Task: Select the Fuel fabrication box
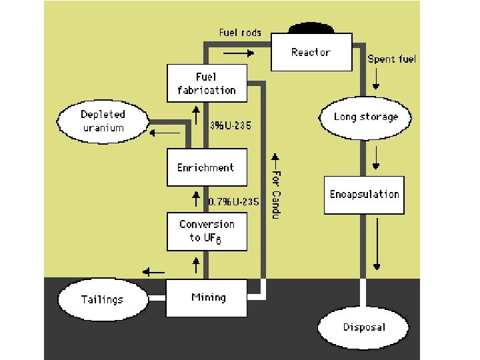tap(206, 83)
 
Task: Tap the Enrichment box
tap(205, 167)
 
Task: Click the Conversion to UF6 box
tap(207, 231)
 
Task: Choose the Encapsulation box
tap(364, 195)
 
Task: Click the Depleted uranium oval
tap(103, 121)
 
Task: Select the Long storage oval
tap(366, 117)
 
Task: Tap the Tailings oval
tap(102, 299)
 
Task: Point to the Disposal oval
tap(364, 327)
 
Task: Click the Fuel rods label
tap(240, 33)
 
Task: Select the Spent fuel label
tap(391, 59)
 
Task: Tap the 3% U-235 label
tap(230, 125)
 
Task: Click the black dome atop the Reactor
tap(311, 28)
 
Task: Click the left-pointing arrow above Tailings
tap(155, 272)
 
